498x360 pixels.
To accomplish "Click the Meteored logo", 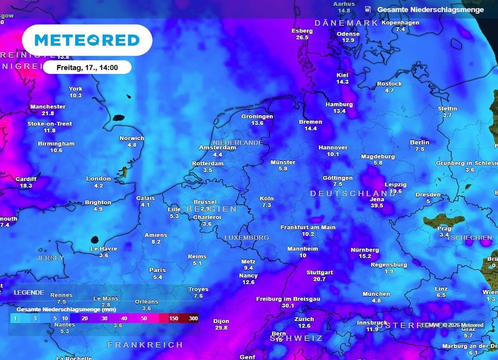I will pos(87,40).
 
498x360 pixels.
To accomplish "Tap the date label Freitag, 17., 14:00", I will pos(87,67).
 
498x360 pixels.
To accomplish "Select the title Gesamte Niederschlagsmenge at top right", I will pos(430,10).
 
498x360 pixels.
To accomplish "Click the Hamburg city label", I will pos(339,105).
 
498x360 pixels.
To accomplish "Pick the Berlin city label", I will pos(420,143).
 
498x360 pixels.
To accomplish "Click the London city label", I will pos(98,179).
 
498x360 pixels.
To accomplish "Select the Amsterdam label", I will pos(217,147).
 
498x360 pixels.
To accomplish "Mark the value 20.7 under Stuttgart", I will pos(320,279).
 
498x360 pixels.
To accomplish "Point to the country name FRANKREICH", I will pos(145,344).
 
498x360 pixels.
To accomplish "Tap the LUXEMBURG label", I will pos(247,237).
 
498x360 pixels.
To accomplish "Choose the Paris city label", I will pos(158,270).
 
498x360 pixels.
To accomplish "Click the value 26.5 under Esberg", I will pos(302,37).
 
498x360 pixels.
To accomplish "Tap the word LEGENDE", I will pos(29,293).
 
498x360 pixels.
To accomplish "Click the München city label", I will pos(376,294).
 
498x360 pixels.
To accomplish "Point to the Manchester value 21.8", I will pos(48,113).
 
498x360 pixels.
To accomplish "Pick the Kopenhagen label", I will pos(400,23).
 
